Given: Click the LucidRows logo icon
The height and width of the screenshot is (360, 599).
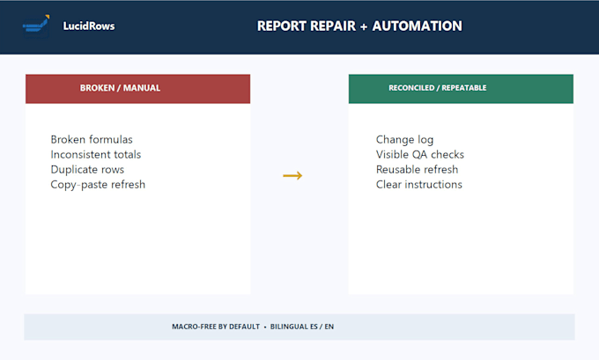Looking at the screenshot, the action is point(36,26).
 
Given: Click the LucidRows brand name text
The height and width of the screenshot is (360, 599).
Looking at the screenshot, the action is point(89,26).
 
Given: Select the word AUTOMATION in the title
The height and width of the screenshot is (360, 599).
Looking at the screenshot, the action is point(418,26).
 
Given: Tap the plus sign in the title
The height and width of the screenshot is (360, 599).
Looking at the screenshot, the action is point(364,26).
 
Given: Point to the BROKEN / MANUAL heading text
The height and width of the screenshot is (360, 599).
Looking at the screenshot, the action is point(120,88).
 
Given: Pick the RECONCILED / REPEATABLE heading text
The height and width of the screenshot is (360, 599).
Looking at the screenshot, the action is point(438,88).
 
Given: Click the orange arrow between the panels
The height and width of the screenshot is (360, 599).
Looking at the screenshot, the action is point(292,176).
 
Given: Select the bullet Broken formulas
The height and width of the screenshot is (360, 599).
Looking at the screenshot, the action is point(92,139).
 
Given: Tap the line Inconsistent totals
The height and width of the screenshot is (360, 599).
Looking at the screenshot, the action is point(95,154).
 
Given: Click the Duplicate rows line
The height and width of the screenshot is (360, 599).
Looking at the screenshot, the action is point(87,170).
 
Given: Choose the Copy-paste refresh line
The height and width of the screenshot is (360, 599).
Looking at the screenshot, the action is point(98,185).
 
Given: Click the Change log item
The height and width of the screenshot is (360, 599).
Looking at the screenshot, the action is point(404,140).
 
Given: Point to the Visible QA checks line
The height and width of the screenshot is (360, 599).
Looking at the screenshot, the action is point(420,154).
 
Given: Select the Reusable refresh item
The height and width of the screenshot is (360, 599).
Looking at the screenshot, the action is point(417,170).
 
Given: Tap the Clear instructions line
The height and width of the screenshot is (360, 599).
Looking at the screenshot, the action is point(418,184).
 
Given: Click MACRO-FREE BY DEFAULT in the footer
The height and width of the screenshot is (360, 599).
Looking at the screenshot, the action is point(216,327).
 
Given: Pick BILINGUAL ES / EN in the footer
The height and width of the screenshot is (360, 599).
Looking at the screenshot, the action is point(302,327).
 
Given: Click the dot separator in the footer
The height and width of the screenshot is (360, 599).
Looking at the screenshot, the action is point(265,327).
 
